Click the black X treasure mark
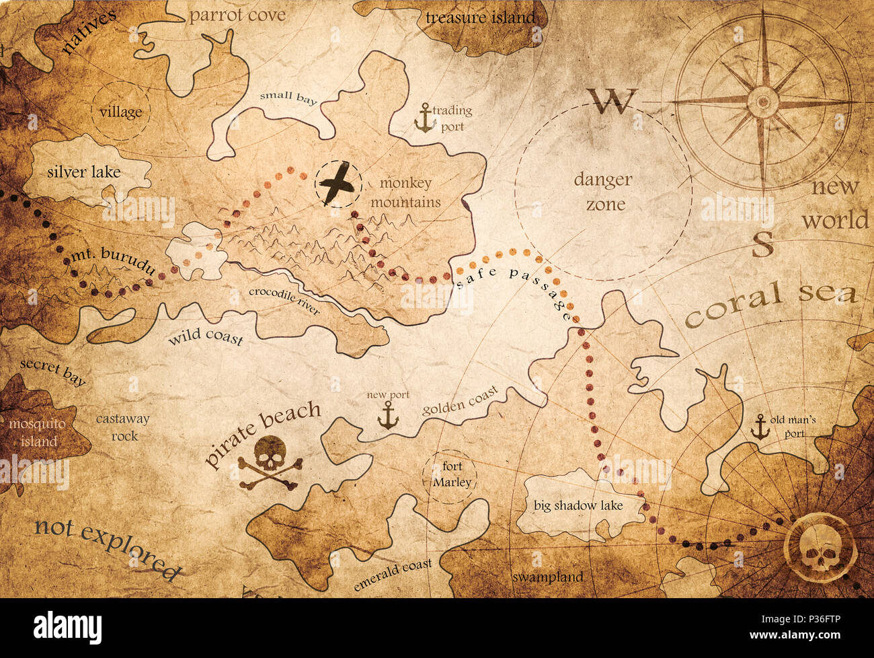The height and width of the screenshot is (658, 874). coord(337,184)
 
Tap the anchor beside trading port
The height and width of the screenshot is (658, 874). coord(424,118)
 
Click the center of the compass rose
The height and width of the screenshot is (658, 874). coord(762,101)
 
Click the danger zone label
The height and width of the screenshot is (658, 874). coord(603,192)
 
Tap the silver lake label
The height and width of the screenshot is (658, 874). coord(84,172)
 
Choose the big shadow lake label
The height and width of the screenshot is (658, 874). coord(578,505)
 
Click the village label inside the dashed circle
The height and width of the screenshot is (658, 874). coord(121,112)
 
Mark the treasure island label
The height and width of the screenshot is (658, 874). coord(481,17)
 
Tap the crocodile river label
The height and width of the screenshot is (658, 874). coord(284,300)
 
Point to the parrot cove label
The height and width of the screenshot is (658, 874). coord(237,15)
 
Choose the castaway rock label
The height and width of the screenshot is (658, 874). coord(122,427)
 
